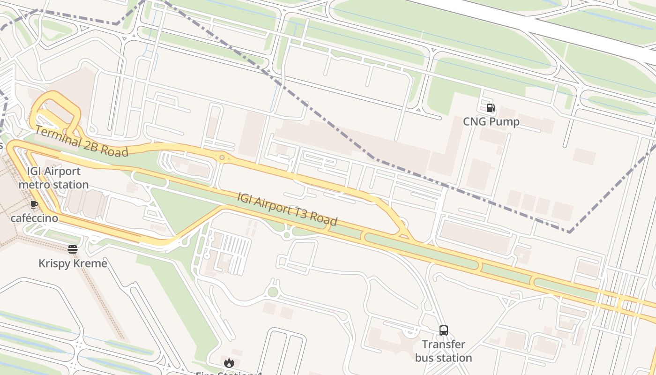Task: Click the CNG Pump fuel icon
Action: (x=491, y=108)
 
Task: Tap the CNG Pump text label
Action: (x=491, y=122)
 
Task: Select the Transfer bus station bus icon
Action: (x=443, y=330)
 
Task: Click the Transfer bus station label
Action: (x=443, y=351)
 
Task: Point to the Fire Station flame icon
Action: (x=229, y=363)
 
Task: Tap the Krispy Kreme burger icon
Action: (x=73, y=249)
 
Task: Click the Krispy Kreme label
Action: (x=73, y=263)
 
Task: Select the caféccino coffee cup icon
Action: (x=34, y=204)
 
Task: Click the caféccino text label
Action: (x=34, y=218)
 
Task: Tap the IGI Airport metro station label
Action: (x=53, y=178)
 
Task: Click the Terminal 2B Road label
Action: (x=82, y=142)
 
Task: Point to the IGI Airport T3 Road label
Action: (x=287, y=209)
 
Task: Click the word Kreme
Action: (x=90, y=263)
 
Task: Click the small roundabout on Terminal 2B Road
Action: (x=222, y=157)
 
